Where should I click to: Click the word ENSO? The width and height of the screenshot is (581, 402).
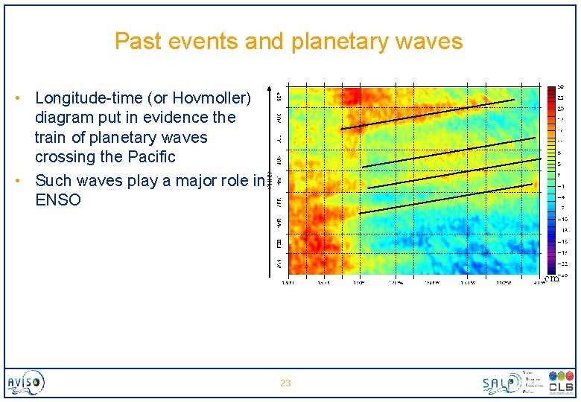[x=58, y=200]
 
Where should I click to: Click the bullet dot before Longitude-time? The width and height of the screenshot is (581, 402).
[x=24, y=98]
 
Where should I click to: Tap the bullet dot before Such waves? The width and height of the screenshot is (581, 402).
[x=24, y=181]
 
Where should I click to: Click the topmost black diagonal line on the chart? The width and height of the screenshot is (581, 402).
[x=427, y=114]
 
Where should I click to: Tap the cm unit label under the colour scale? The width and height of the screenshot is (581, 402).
[x=552, y=278]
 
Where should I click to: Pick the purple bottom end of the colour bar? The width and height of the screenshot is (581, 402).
[x=551, y=269]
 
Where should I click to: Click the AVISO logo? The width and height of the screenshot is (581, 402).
[x=26, y=383]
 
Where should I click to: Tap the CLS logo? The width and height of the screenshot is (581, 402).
[x=561, y=383]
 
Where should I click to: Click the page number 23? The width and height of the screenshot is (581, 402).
[x=285, y=383]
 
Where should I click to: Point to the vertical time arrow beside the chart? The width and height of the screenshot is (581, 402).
[x=270, y=179]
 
